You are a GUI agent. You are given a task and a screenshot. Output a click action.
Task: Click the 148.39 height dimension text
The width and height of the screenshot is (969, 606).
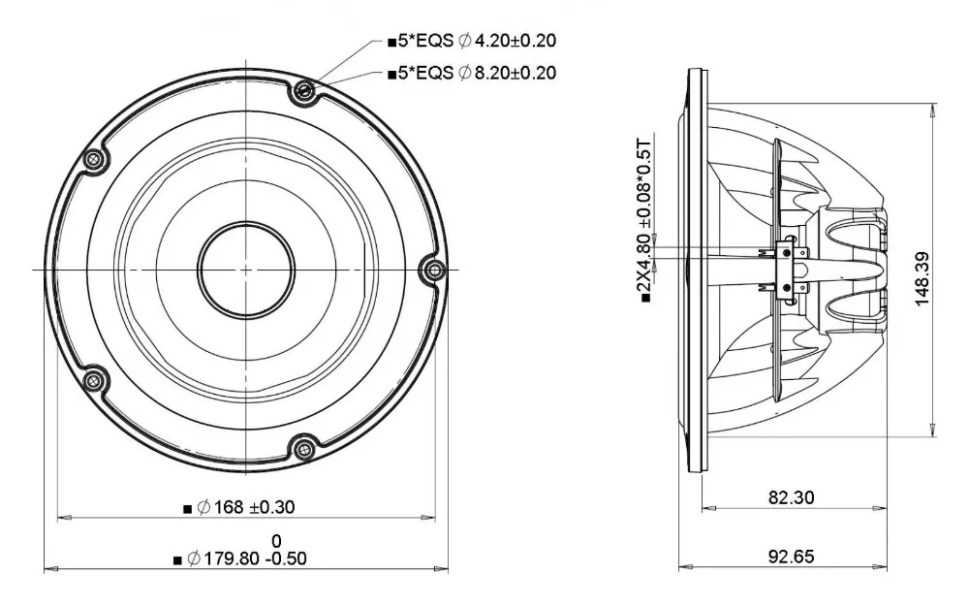[922, 278]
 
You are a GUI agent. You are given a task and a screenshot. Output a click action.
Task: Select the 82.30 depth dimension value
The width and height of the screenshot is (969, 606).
[791, 497]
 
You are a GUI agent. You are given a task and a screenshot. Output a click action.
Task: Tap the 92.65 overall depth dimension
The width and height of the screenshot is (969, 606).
[791, 557]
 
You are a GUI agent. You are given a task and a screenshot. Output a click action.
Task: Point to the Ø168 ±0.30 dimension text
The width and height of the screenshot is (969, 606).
[246, 508]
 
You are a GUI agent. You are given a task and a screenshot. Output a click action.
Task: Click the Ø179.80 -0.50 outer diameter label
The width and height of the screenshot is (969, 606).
[246, 558]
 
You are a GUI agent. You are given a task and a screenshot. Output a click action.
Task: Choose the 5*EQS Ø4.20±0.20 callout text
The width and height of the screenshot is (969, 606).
[477, 41]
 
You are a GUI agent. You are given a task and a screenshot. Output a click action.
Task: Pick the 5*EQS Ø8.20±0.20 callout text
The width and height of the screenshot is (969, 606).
[477, 73]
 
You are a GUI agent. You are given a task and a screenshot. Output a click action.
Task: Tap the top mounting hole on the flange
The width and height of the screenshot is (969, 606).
[303, 91]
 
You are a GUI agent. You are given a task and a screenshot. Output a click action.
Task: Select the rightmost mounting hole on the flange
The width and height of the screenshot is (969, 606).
[434, 269]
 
